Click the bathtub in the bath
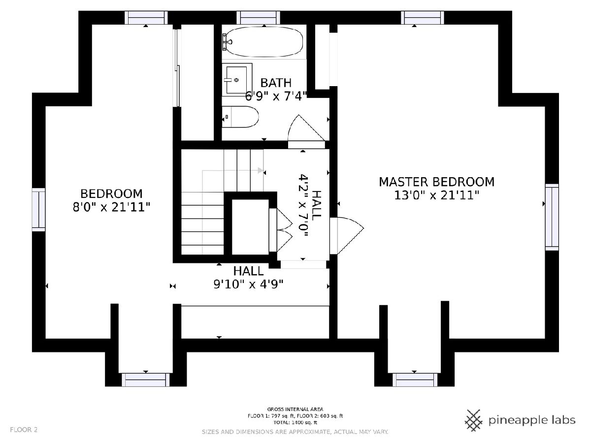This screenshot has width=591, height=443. click(263, 42)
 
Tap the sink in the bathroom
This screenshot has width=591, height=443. click(237, 79)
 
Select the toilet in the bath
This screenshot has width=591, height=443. click(240, 117)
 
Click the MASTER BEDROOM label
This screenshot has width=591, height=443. click(436, 182)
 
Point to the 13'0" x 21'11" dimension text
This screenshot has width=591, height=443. click(436, 195)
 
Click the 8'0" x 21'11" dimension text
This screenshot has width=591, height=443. click(111, 207)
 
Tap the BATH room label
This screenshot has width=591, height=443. click(276, 83)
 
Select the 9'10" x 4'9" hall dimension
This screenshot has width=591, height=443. click(249, 284)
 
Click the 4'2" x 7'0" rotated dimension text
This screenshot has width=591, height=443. click(303, 206)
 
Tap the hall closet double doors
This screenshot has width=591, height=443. click(281, 230)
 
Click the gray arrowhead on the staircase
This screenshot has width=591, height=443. click(261, 170)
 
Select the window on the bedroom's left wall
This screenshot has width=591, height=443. click(38, 210)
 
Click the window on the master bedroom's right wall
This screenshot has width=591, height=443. click(552, 217)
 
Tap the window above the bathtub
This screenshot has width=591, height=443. click(258, 18)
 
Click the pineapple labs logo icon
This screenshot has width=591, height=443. click(474, 420)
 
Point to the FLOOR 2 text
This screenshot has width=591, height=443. click(24, 430)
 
